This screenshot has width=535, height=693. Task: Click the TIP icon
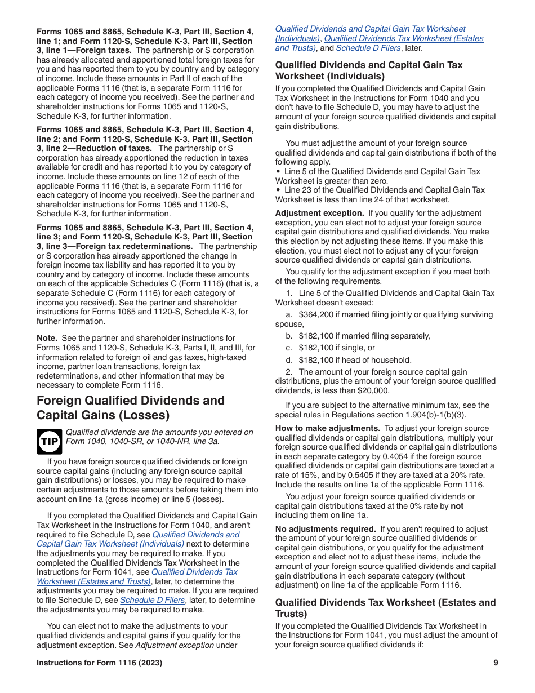49,441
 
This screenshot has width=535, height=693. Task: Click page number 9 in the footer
496,663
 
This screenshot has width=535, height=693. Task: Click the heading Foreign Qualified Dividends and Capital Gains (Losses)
131,408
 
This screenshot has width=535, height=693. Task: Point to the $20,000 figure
373,390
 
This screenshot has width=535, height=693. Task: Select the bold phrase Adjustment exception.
319,213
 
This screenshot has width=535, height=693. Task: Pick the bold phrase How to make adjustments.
328,428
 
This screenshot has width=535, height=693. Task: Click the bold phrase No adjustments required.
326,529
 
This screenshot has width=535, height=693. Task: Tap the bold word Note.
47,338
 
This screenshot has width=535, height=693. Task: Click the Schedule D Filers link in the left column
152,600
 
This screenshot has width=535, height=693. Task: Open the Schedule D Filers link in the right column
368,48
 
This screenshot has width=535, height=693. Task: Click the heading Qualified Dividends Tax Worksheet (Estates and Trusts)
385,607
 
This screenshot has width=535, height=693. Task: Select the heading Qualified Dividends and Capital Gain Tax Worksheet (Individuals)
368,70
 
